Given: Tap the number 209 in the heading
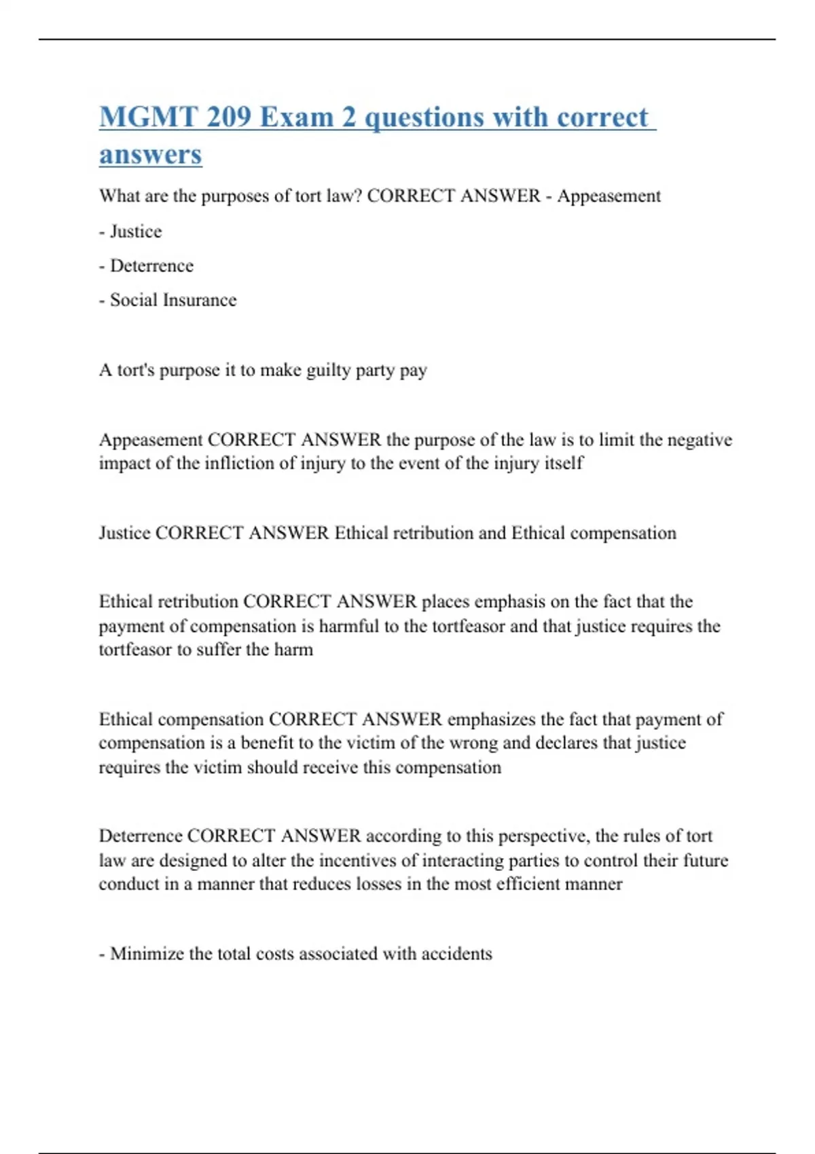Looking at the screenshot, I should click(x=229, y=117).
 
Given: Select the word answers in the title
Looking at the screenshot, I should click(x=151, y=155).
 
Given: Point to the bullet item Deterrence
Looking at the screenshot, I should click(x=151, y=265).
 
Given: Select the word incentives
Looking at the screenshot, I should click(x=359, y=861).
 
